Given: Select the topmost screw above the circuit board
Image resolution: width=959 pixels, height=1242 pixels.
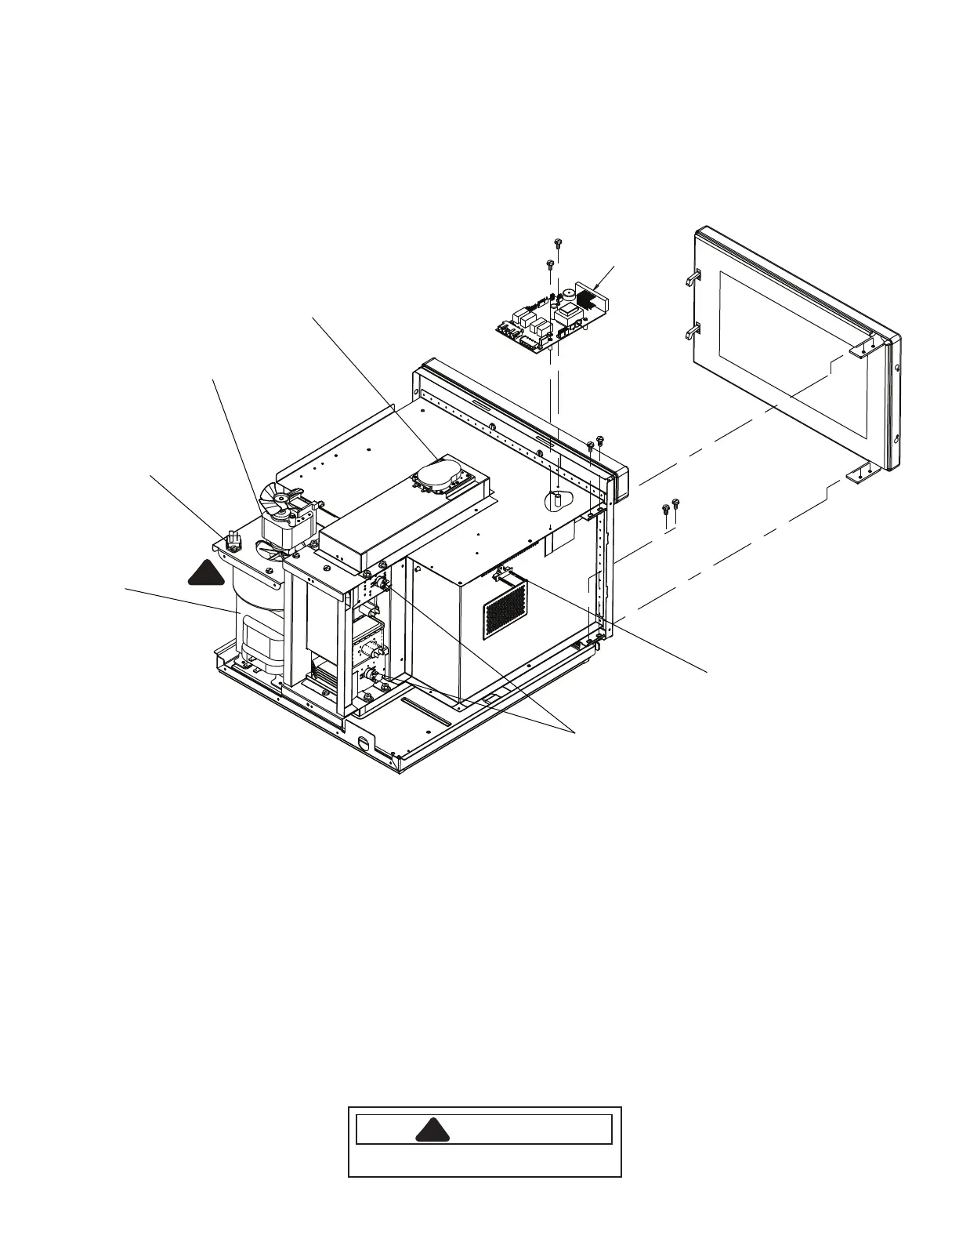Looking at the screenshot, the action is coord(556,242).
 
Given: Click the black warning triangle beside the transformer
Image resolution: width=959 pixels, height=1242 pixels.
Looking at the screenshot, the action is coord(207,574).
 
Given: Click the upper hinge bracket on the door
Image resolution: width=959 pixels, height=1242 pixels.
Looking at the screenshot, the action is coord(859,350).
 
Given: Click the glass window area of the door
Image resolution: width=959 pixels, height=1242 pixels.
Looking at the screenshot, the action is coord(791,353).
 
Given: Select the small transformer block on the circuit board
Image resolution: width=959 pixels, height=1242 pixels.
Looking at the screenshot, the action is coord(566,312).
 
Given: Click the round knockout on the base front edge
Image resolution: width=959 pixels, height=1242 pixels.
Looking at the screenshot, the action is coord(363,744).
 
